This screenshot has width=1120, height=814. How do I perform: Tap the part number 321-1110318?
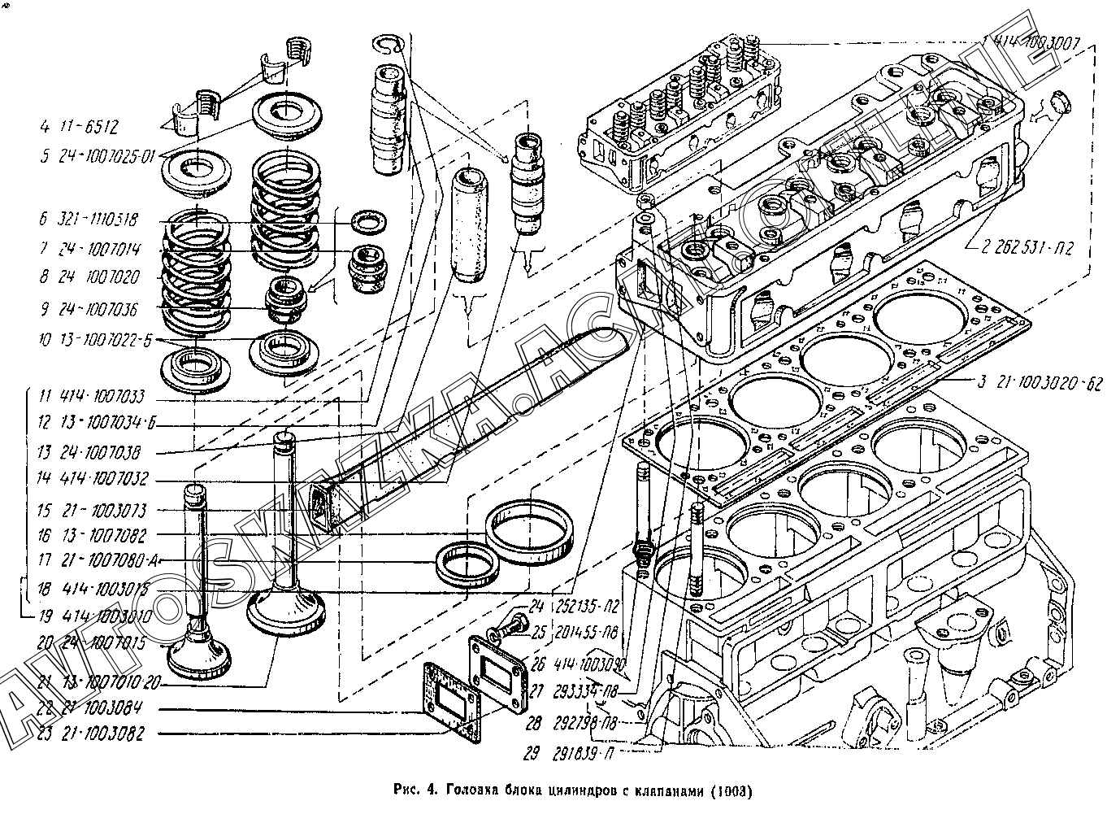pyautogui.click(x=98, y=220)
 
